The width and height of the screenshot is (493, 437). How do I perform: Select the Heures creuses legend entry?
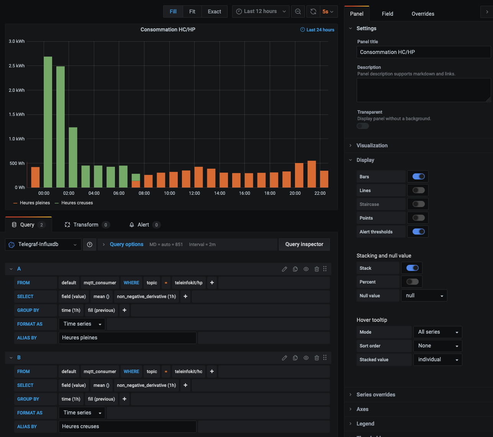77,203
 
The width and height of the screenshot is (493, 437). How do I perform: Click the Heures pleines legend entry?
34,203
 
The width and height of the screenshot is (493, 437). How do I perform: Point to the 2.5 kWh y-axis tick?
17,66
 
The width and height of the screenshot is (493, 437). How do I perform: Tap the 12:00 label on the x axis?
194,193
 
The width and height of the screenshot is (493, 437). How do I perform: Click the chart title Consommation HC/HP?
168,29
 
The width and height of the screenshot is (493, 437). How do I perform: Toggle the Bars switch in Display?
418,177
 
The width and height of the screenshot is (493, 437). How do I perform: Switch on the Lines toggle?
418,191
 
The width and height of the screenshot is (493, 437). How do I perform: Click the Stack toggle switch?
412,268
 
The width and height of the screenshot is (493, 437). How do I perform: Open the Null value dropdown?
424,296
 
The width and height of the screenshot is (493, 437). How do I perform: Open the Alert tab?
144,225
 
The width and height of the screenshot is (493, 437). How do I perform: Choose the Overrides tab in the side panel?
423,14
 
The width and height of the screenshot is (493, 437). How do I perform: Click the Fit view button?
192,11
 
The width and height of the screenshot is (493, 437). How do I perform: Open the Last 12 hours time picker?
261,11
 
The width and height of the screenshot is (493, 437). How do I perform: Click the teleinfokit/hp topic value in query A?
188,283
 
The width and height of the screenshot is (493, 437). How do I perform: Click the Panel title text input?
423,52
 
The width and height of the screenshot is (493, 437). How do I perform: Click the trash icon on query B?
317,358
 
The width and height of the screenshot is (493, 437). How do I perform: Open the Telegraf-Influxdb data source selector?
43,245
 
